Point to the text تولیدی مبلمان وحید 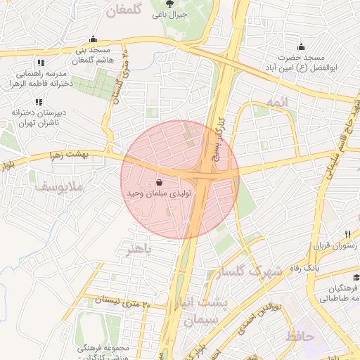pyautogui.click(x=155, y=192)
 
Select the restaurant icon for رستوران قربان pyautogui.click(x=347, y=234)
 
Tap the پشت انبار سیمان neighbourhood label pyautogui.click(x=205, y=311)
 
